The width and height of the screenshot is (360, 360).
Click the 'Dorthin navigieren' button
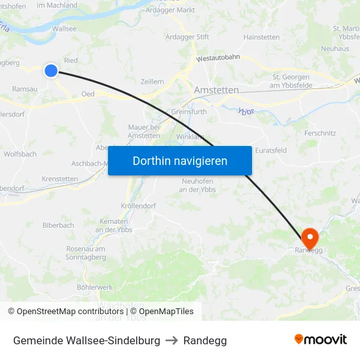pos(180,160)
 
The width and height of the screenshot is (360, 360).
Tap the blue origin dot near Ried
pos(51,71)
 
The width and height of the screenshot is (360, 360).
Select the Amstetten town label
pos(217,90)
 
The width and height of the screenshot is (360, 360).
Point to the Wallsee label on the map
pos(64,29)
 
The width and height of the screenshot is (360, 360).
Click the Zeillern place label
pos(152,81)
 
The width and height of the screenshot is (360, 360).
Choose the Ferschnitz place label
pos(320,133)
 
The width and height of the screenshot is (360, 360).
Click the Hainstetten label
pos(261,37)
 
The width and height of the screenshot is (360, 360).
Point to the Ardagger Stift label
pos(188,37)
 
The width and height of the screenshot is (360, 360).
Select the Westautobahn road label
pos(217,58)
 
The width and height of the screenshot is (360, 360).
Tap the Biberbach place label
pos(58,225)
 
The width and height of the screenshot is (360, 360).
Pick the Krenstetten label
pos(60,179)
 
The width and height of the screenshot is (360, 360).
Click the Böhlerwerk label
pos(95,287)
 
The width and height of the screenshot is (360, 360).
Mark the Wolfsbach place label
pos(20,154)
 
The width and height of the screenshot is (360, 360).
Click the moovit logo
pos(320,340)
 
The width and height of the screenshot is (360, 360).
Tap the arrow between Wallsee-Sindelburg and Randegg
pos(171,340)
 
